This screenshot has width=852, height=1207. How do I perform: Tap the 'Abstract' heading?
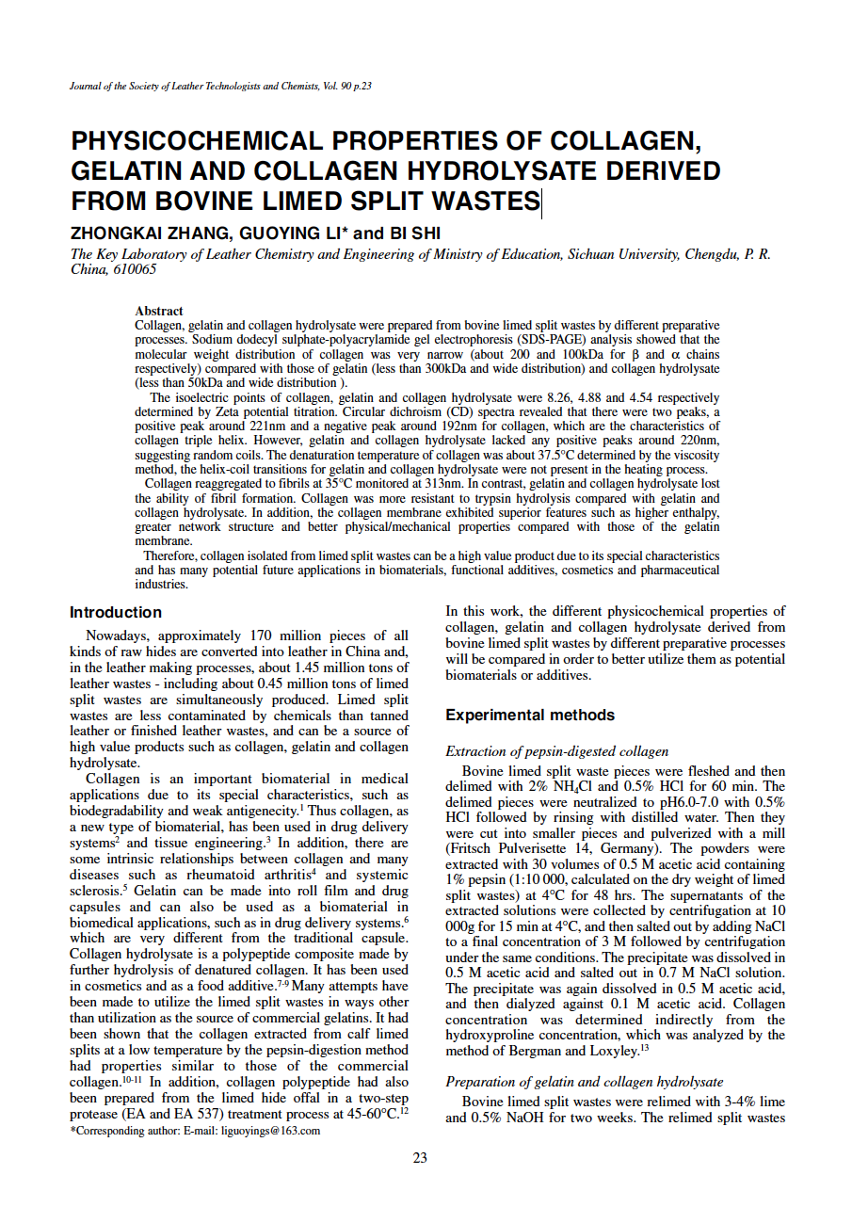pyautogui.click(x=159, y=311)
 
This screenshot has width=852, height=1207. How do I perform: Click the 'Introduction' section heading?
pyautogui.click(x=116, y=612)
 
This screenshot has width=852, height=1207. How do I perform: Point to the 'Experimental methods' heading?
pyautogui.click(x=529, y=716)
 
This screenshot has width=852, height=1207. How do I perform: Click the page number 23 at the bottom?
pyautogui.click(x=420, y=1157)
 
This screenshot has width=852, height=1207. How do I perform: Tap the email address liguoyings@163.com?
pyautogui.click(x=271, y=1131)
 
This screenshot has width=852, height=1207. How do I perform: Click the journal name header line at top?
pyautogui.click(x=220, y=87)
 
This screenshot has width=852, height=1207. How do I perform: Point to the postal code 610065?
pyautogui.click(x=135, y=269)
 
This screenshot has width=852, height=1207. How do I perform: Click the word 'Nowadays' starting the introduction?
pyautogui.click(x=118, y=636)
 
